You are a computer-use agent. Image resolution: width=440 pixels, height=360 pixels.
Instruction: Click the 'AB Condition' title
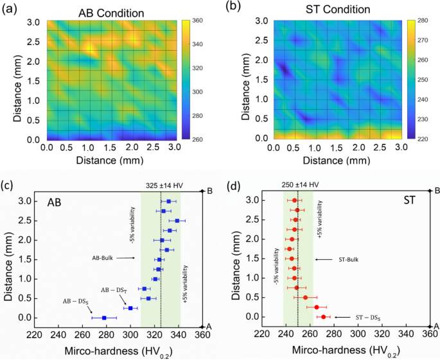111,13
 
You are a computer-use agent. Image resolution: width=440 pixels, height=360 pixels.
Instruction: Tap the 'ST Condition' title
338,10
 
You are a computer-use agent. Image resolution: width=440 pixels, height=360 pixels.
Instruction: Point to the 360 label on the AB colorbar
198,21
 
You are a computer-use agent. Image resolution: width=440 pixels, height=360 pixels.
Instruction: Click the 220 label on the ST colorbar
423,139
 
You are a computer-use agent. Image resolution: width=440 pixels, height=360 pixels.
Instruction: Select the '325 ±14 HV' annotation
164,185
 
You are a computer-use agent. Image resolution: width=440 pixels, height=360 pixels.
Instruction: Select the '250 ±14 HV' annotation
300,185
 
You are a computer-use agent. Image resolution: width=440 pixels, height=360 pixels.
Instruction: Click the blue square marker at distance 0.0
104,318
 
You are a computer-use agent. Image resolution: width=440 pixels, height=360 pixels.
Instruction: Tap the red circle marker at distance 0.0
323,317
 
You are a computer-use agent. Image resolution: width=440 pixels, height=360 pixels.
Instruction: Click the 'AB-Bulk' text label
102,258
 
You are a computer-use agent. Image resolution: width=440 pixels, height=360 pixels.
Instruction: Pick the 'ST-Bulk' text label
349,260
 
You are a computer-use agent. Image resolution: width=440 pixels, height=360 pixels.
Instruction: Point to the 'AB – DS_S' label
73,302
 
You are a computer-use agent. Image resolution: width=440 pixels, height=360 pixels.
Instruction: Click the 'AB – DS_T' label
114,291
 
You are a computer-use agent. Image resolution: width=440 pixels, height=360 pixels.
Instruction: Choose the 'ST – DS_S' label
368,318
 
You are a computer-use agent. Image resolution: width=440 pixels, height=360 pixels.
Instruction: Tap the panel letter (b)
233,7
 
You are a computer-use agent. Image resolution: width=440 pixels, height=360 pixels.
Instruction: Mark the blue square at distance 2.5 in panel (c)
177,221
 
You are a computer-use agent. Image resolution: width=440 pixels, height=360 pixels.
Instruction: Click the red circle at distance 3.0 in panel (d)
294,200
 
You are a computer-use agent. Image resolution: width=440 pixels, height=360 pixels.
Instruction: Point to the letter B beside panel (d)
437,191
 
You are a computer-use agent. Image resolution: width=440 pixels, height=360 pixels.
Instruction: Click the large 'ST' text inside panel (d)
409,200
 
